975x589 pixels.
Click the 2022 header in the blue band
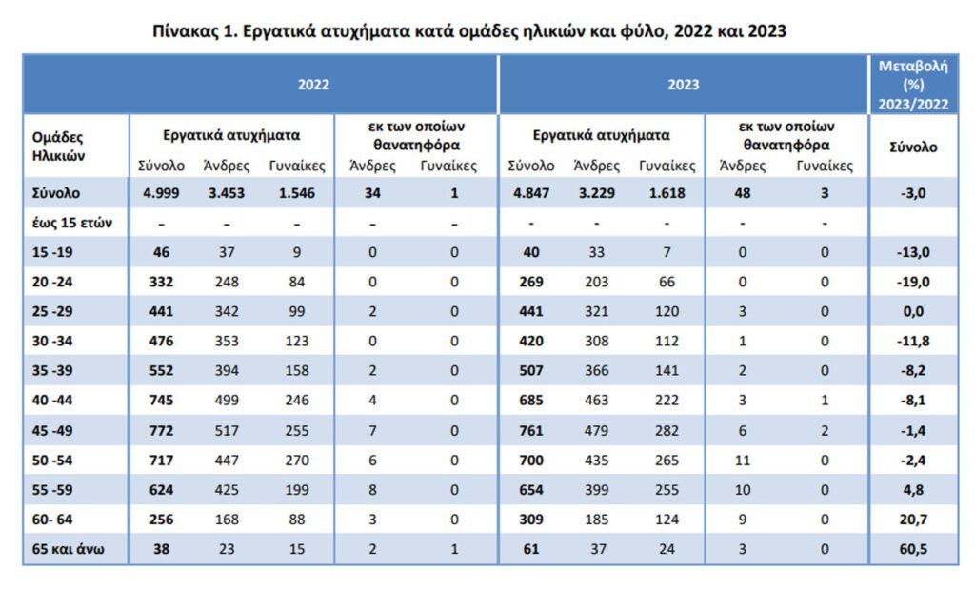coord(313,85)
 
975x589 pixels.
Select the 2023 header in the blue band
coord(684,85)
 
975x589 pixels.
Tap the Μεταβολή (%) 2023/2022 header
coord(913,85)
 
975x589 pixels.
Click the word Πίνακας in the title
coord(184,30)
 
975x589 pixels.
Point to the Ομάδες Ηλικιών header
coord(58,146)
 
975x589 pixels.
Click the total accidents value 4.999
coord(161,193)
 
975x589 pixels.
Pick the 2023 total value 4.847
coord(531,193)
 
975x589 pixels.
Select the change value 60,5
coord(913,549)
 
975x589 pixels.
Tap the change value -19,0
coord(913,282)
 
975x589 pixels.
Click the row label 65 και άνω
coord(68,549)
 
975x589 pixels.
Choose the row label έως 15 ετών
coord(72,223)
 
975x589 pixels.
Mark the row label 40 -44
coord(52,401)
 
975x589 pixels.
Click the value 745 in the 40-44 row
coord(161,401)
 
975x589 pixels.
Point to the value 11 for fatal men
coord(743,461)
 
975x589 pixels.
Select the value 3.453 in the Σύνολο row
coord(227,193)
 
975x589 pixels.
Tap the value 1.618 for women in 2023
coord(667,193)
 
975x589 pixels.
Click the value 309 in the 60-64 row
coord(531,520)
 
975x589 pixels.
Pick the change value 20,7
coord(913,520)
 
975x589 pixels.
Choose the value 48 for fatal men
coord(743,193)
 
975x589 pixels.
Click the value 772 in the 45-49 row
coord(161,430)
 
